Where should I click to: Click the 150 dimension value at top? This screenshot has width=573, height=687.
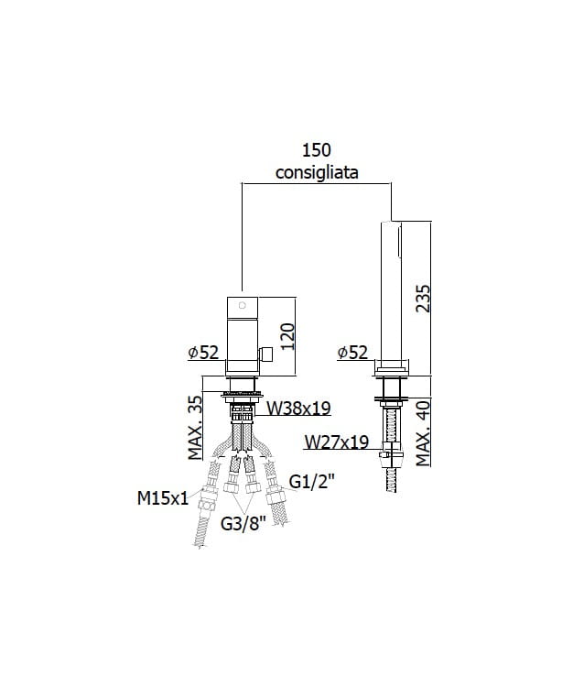(317, 150)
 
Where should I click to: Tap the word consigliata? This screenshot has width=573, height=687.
(317, 172)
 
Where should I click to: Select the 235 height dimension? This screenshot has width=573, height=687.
(423, 299)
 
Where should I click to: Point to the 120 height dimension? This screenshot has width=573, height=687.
(287, 336)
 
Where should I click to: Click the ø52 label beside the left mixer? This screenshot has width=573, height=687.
(203, 352)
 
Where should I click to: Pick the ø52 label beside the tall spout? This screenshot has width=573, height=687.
(352, 352)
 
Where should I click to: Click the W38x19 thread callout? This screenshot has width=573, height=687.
(299, 409)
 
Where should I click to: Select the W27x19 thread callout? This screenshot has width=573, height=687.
(337, 442)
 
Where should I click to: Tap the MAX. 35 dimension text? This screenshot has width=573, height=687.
(196, 428)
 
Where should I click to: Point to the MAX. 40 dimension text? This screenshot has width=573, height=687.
(423, 434)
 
